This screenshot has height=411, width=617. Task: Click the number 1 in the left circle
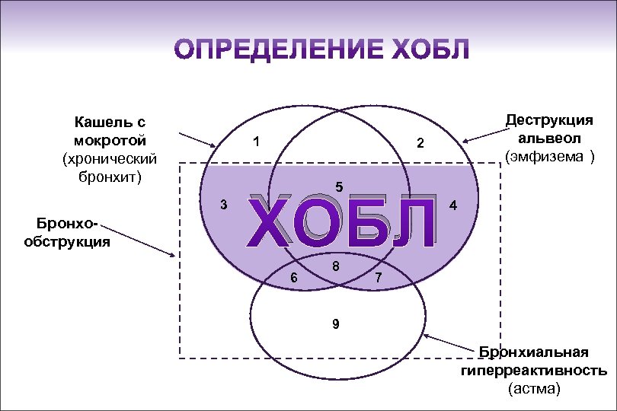pos(257,142)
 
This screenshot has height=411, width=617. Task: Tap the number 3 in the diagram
pos(222,204)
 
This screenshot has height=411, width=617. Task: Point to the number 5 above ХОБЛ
pos(339,186)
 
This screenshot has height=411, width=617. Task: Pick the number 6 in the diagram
pos(294,278)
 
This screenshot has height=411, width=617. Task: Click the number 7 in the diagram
pos(378,279)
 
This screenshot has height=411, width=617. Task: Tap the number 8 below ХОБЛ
pos(335,267)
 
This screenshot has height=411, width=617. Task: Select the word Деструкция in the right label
pos(550,121)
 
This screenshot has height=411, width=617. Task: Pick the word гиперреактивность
pos(533,371)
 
